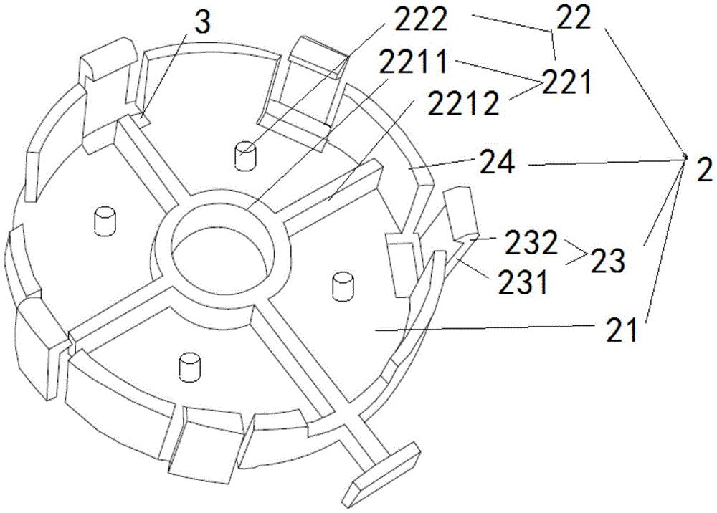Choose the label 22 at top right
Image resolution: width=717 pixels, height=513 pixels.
tap(574, 20)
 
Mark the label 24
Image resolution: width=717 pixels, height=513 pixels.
tap(497, 163)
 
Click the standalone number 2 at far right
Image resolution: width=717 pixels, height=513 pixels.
tap(704, 172)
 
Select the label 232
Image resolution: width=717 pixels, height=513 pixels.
tap(531, 243)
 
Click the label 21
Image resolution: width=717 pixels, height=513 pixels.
tap(622, 330)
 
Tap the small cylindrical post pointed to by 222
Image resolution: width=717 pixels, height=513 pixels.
tap(246, 156)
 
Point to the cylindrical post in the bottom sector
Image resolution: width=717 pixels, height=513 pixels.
tap(190, 366)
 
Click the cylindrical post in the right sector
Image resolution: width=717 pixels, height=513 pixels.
tap(343, 287)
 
